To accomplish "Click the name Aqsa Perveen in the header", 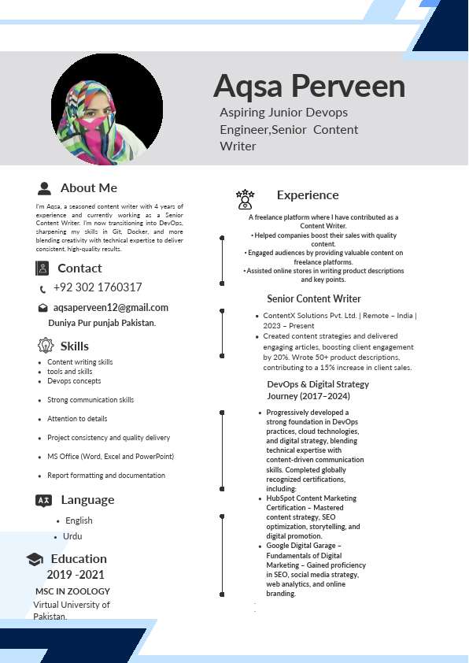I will click(309, 85).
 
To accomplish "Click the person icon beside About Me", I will click(45, 188).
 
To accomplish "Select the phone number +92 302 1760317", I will click(98, 287).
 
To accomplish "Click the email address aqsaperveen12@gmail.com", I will click(111, 308).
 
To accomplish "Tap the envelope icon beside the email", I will click(42, 308).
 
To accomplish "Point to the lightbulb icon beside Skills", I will click(45, 346).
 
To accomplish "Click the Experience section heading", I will click(308, 195).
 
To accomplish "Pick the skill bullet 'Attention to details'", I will click(77, 419).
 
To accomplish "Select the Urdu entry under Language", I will click(72, 536).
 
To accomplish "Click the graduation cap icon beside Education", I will click(35, 559).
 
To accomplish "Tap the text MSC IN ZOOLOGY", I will click(72, 591).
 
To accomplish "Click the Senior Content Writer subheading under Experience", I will click(314, 299).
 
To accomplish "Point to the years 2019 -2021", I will click(76, 575).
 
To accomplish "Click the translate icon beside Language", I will click(44, 501).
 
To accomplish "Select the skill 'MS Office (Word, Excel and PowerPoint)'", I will click(110, 457).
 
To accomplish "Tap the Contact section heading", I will click(79, 269).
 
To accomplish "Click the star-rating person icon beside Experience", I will click(245, 198).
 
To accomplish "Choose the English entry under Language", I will click(79, 520).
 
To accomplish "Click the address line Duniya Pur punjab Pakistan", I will click(102, 324).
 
